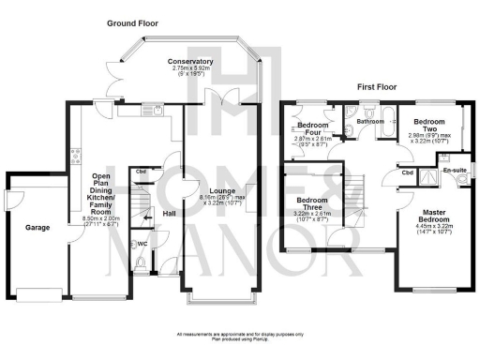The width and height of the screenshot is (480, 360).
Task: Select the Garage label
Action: pos(37,228)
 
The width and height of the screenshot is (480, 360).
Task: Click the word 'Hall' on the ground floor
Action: pos(169,214)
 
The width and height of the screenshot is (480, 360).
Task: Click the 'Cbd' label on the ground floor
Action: pos(141,171)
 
